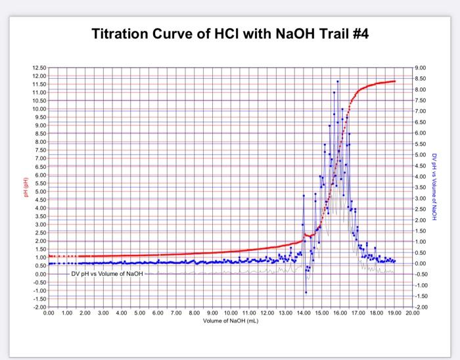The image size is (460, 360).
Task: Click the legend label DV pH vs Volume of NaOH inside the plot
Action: click(x=107, y=273)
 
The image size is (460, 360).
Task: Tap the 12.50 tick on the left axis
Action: click(x=39, y=68)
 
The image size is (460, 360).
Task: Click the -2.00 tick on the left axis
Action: click(x=40, y=307)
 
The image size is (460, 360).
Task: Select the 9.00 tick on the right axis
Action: click(x=421, y=68)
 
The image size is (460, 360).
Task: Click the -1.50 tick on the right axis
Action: click(x=421, y=296)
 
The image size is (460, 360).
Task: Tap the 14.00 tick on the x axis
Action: click(x=303, y=313)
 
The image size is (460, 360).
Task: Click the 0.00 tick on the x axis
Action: click(x=49, y=313)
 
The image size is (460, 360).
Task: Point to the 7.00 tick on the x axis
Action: click(x=176, y=313)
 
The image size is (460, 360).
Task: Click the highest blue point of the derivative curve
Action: click(x=338, y=81)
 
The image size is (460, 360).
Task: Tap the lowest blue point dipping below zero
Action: click(x=306, y=292)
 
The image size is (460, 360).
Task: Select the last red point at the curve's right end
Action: click(x=394, y=81)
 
